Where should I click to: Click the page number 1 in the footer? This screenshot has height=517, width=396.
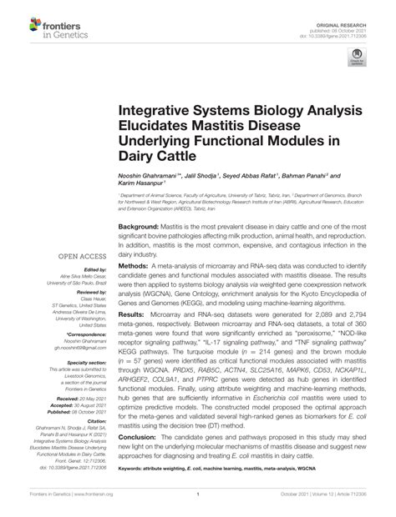pos(198,506)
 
